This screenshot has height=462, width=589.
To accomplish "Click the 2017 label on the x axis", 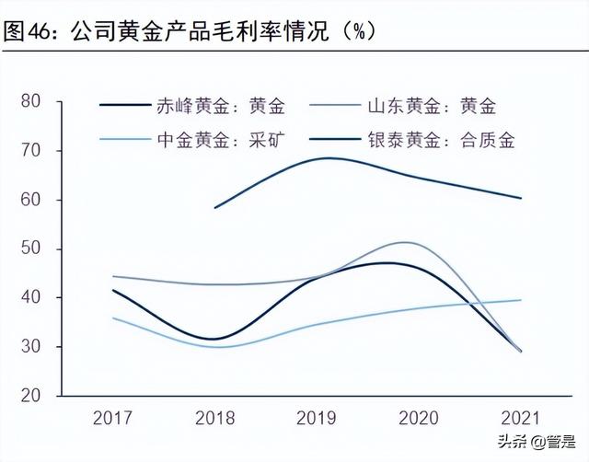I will tap(112, 418).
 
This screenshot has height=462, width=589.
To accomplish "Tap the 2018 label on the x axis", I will tap(214, 418).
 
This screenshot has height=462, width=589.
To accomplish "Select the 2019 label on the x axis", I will tap(318, 418).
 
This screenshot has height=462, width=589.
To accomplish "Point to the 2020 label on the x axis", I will tap(419, 418).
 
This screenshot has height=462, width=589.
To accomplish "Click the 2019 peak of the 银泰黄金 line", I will tap(328, 158).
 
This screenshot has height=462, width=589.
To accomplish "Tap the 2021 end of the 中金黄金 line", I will tap(522, 300).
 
